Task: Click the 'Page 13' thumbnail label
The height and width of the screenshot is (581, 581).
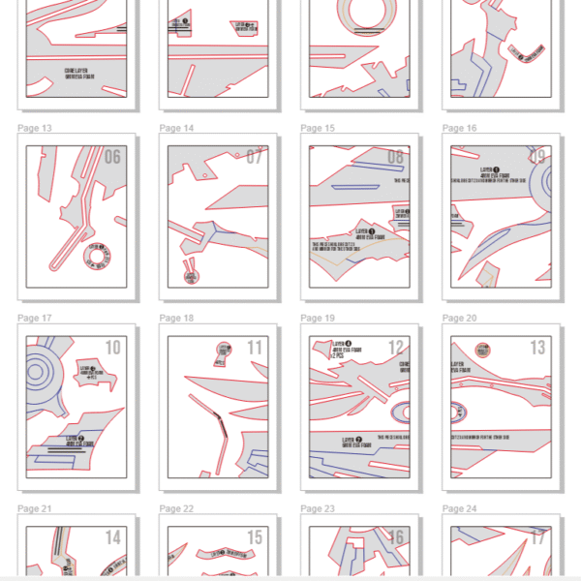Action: (x=35, y=128)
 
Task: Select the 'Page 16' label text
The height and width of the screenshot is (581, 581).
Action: (x=459, y=128)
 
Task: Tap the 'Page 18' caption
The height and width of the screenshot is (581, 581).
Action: (x=176, y=318)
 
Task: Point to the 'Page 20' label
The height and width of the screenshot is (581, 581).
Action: (x=459, y=318)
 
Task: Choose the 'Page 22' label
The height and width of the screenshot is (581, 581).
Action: (x=176, y=508)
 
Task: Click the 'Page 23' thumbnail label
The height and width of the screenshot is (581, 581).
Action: (x=318, y=508)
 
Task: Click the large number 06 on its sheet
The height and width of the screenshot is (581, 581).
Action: (x=112, y=157)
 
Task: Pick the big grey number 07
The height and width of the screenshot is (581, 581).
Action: (x=254, y=157)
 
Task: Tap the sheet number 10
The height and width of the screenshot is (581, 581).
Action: (x=112, y=348)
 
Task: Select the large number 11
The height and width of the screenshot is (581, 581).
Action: (x=254, y=348)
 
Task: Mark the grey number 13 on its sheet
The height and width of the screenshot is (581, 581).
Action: (x=536, y=348)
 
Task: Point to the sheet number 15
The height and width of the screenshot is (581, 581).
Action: (x=254, y=537)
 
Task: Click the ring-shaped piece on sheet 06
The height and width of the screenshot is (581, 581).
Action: (x=101, y=255)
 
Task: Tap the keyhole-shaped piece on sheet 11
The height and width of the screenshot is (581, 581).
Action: (x=225, y=351)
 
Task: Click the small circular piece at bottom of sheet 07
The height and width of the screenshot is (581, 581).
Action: (x=191, y=275)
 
